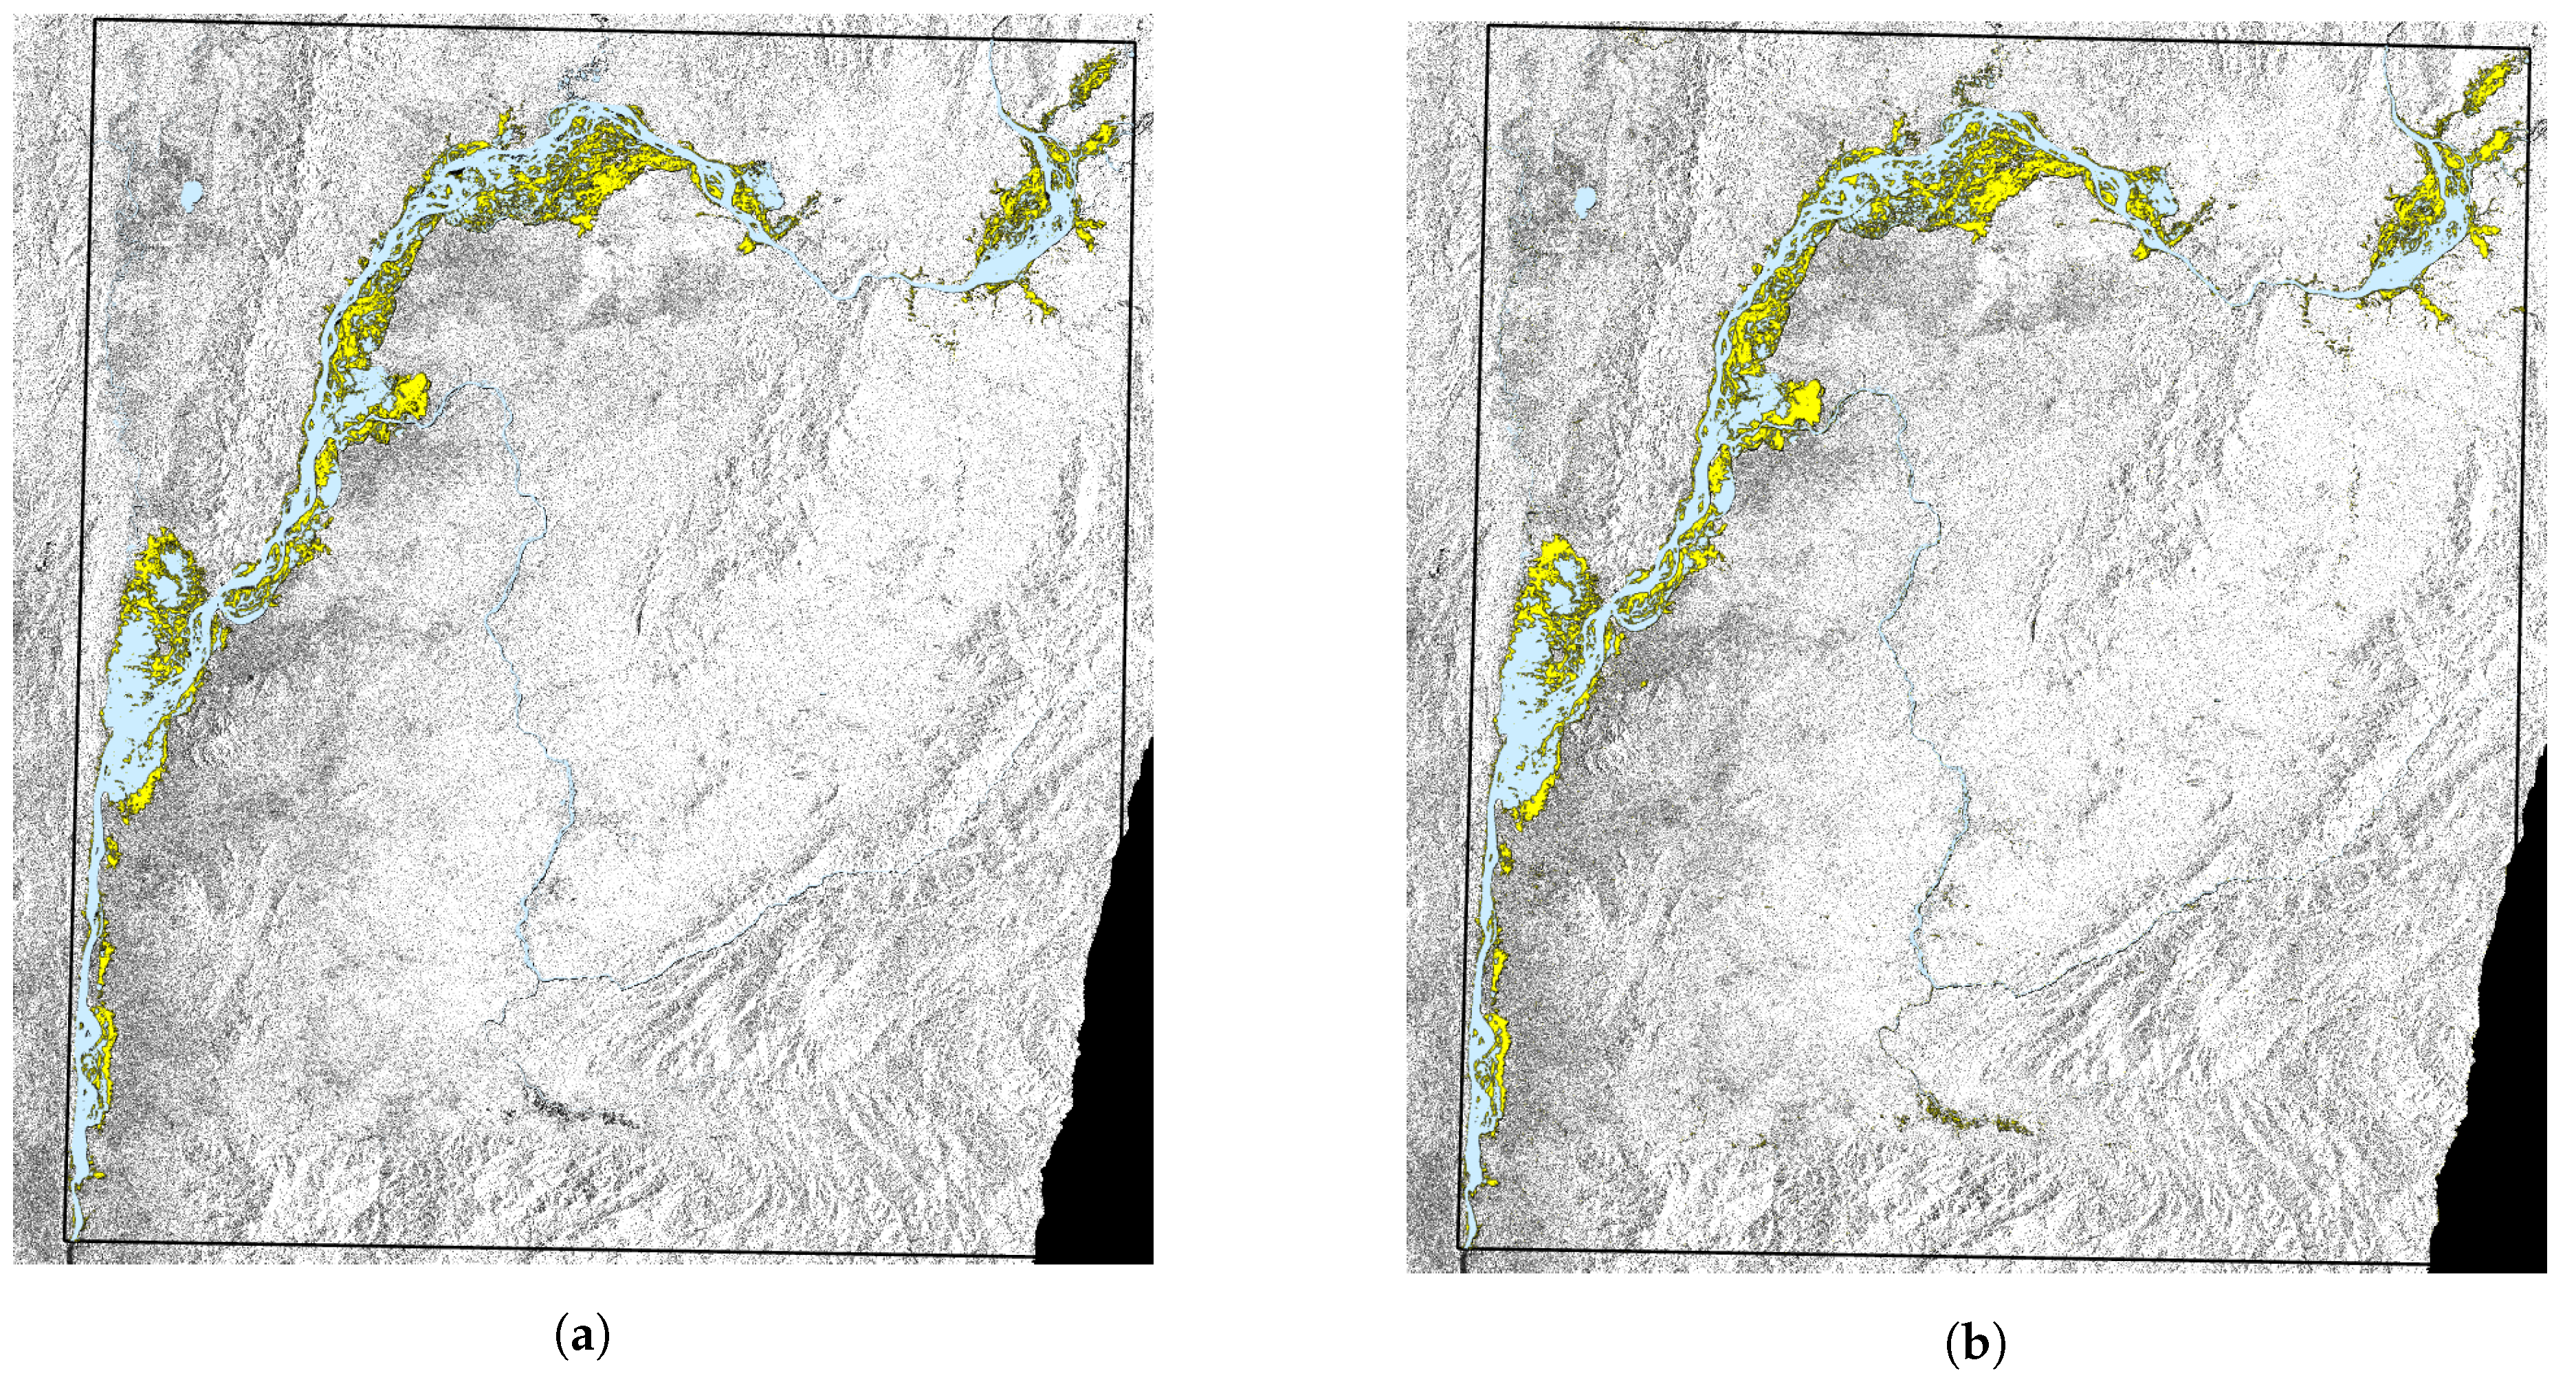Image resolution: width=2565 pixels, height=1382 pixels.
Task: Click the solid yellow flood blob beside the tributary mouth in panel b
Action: pos(1804,403)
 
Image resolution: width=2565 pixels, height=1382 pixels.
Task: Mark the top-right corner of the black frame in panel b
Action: pos(2530,48)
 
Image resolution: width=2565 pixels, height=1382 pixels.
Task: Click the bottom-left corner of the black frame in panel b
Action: pos(1460,1246)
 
